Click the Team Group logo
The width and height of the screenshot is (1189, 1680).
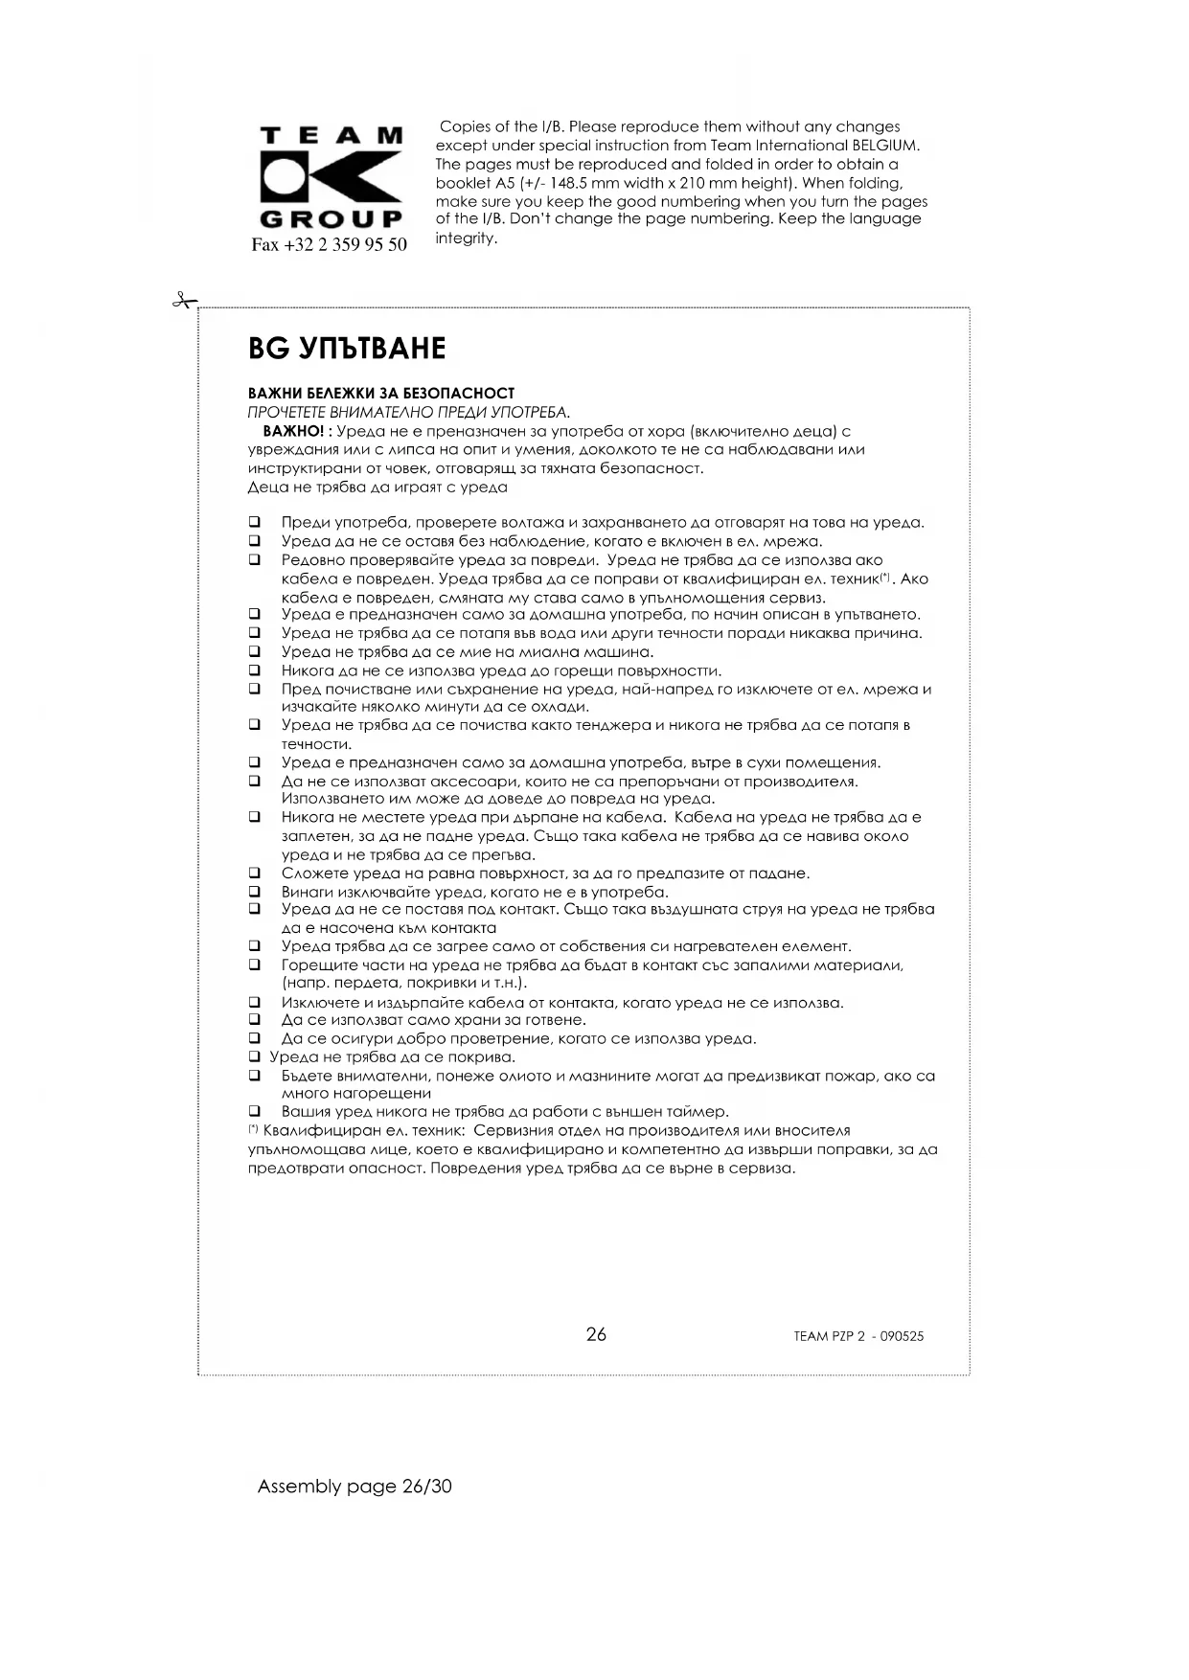tap(331, 177)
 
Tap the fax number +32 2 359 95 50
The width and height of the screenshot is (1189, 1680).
tap(329, 244)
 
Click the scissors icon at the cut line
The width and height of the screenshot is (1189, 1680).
tap(182, 301)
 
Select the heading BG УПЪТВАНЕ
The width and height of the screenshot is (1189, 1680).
tap(347, 348)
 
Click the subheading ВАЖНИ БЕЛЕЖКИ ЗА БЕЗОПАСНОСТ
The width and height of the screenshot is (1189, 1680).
tap(381, 393)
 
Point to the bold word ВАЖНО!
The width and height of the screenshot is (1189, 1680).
tap(293, 431)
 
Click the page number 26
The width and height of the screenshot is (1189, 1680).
tap(596, 1334)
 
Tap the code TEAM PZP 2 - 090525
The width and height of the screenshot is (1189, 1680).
tap(858, 1336)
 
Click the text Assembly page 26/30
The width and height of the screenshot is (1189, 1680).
tap(354, 1487)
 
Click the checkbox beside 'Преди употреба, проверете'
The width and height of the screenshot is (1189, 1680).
tap(255, 523)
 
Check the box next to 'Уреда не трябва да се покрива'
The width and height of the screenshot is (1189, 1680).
tap(255, 1057)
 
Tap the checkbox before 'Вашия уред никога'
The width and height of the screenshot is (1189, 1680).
tap(255, 1112)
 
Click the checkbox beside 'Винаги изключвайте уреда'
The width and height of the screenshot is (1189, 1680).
tap(255, 892)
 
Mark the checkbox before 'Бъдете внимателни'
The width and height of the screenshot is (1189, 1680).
tap(255, 1076)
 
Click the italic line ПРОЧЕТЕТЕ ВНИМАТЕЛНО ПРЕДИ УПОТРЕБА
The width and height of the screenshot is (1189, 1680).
tap(409, 412)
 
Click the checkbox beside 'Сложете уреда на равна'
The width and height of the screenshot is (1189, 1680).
tap(255, 874)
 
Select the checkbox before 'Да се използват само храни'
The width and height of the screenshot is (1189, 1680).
tap(255, 1020)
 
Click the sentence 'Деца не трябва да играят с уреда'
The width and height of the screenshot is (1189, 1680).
tap(377, 487)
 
